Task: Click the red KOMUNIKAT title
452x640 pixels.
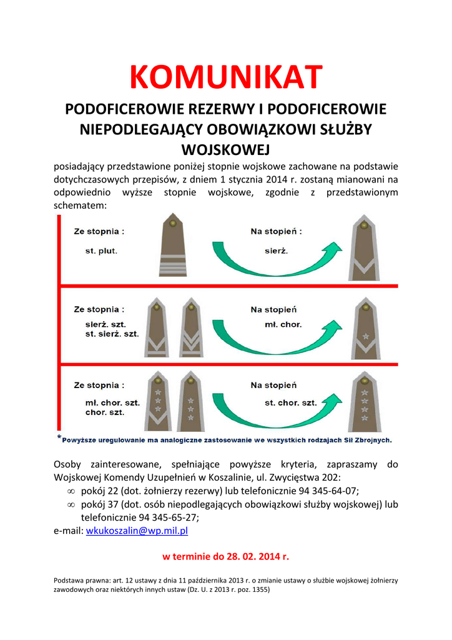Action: (x=225, y=77)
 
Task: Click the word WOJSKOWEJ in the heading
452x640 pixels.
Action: (x=225, y=150)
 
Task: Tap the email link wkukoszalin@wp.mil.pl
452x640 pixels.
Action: (x=137, y=531)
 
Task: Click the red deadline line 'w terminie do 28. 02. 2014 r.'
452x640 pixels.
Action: (x=225, y=556)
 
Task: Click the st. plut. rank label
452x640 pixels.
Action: (x=101, y=251)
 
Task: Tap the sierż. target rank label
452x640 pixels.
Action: (x=275, y=251)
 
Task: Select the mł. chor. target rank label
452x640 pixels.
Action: (x=283, y=325)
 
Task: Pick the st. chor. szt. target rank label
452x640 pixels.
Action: (x=290, y=403)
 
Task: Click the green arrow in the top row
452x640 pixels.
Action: (x=277, y=256)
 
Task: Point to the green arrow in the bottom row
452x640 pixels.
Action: (x=277, y=409)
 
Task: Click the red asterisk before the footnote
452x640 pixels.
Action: (x=59, y=437)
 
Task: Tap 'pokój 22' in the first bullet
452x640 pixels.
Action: (x=101, y=491)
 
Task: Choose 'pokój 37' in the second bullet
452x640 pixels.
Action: (x=101, y=504)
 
